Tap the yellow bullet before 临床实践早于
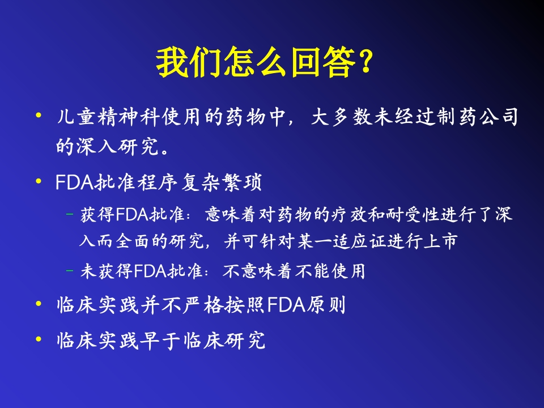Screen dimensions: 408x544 [39, 339]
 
